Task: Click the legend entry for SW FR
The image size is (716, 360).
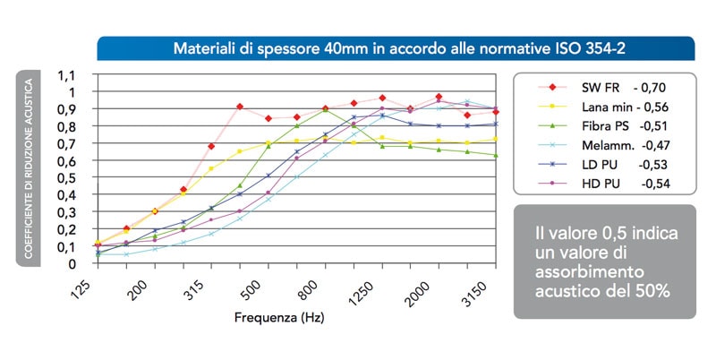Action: (x=601, y=87)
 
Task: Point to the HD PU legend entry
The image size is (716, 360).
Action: (x=601, y=184)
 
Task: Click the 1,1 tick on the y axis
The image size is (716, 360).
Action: (x=66, y=75)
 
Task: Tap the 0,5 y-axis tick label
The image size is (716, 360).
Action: (x=66, y=177)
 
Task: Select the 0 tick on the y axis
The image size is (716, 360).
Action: (x=72, y=263)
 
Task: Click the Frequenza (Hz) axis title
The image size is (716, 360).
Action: (x=279, y=318)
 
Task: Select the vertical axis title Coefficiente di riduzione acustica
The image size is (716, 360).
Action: (x=29, y=168)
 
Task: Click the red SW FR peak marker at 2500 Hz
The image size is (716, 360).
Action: (x=439, y=97)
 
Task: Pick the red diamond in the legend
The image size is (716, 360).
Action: (x=552, y=87)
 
